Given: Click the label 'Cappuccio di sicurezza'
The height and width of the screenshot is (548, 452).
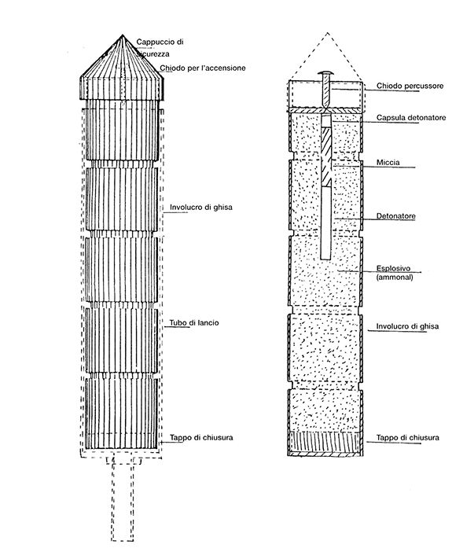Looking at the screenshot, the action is coord(160,48).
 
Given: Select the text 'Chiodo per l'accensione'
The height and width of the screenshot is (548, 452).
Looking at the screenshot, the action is coord(203,68).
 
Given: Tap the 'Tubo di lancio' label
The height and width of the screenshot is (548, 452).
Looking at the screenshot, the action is coord(194,322).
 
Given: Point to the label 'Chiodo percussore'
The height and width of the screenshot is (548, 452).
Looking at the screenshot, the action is coord(410,86).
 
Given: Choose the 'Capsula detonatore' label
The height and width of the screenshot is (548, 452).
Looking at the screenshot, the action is coord(411,117).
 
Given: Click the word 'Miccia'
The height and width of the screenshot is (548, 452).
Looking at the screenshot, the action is coord(388,162).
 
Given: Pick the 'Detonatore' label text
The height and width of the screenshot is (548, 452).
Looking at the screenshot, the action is coord(395,216).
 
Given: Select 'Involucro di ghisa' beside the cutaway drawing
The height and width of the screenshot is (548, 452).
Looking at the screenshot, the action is coord(407,326).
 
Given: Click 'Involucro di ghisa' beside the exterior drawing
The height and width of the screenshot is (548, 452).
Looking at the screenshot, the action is coord(201,208).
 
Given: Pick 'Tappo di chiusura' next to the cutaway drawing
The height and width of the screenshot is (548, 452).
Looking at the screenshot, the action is coord(407,438).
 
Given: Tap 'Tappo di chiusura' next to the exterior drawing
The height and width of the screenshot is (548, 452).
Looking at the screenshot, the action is coord(201,438).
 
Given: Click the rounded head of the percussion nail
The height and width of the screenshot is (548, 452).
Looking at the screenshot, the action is coord(325,73).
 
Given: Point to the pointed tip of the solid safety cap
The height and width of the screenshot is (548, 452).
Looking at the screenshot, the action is coord(123,35).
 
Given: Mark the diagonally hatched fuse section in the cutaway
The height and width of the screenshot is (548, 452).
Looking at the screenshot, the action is coord(325,156).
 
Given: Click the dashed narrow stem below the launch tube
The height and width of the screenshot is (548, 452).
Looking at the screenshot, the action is coord(123,502).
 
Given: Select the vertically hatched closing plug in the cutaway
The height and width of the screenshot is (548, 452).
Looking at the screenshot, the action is coord(325,442).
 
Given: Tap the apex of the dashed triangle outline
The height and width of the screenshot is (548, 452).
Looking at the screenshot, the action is coord(327,33).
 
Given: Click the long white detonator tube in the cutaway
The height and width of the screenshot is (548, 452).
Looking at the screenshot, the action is coord(325,223).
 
